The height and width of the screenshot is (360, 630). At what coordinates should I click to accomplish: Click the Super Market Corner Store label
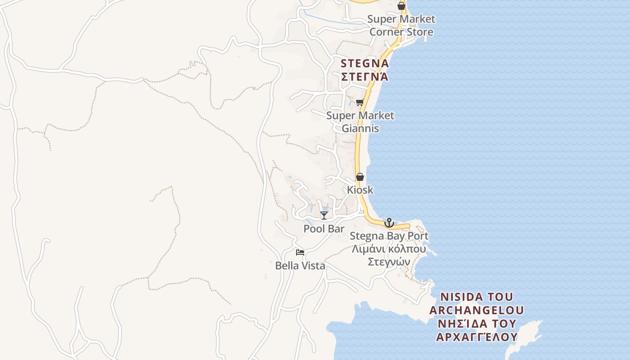coord(401,25)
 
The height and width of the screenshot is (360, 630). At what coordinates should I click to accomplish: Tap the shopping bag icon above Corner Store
coord(401,6)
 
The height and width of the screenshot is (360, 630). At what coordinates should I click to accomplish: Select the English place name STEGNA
coord(364,63)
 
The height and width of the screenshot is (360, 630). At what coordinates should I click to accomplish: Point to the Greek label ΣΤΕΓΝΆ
coord(364,76)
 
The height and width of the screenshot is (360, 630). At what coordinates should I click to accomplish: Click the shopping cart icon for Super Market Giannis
coord(360,103)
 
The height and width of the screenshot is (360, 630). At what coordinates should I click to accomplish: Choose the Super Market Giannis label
coord(360,122)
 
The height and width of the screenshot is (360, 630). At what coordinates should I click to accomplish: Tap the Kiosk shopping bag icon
coord(360,177)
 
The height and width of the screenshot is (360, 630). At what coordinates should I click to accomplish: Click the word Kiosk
coord(360,190)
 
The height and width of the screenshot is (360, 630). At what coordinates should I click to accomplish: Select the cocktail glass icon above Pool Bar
coord(324,216)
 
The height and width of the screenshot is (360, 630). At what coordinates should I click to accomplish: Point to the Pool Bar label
coord(324,229)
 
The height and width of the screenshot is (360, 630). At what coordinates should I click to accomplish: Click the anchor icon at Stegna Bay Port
coord(389,223)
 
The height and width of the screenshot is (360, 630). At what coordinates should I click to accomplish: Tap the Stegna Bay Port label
coord(389,236)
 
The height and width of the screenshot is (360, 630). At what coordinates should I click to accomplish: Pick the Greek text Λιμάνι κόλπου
coord(389,249)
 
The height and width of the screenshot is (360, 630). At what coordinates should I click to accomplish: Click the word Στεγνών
coord(389,262)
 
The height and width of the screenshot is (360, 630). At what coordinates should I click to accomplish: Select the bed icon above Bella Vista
coord(300,252)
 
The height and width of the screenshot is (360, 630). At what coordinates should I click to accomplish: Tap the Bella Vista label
coord(300,266)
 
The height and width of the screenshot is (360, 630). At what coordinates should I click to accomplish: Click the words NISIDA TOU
coord(477,297)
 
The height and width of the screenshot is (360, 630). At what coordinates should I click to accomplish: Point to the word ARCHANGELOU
coord(477,310)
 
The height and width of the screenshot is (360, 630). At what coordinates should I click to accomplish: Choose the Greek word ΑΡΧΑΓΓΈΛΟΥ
coord(477,337)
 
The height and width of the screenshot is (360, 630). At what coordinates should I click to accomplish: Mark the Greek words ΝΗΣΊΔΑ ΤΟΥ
coord(477,324)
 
